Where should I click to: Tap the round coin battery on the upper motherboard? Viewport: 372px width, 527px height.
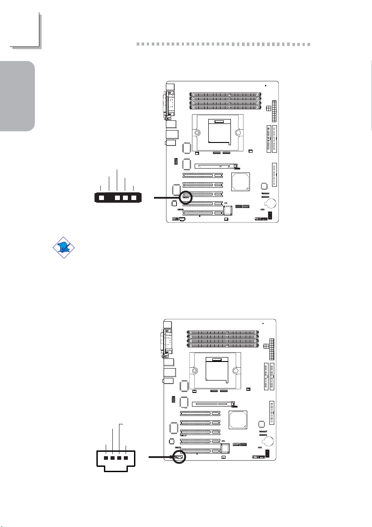click(270, 203)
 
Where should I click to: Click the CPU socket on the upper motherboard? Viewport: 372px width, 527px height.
click(219, 132)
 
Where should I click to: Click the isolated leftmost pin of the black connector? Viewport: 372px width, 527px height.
click(102, 198)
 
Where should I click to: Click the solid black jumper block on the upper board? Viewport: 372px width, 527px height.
click(272, 216)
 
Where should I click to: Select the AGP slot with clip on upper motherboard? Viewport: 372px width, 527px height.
click(215, 167)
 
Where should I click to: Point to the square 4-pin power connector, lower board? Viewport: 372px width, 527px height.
click(267, 346)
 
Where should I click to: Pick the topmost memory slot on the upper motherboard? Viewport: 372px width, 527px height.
click(226, 94)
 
